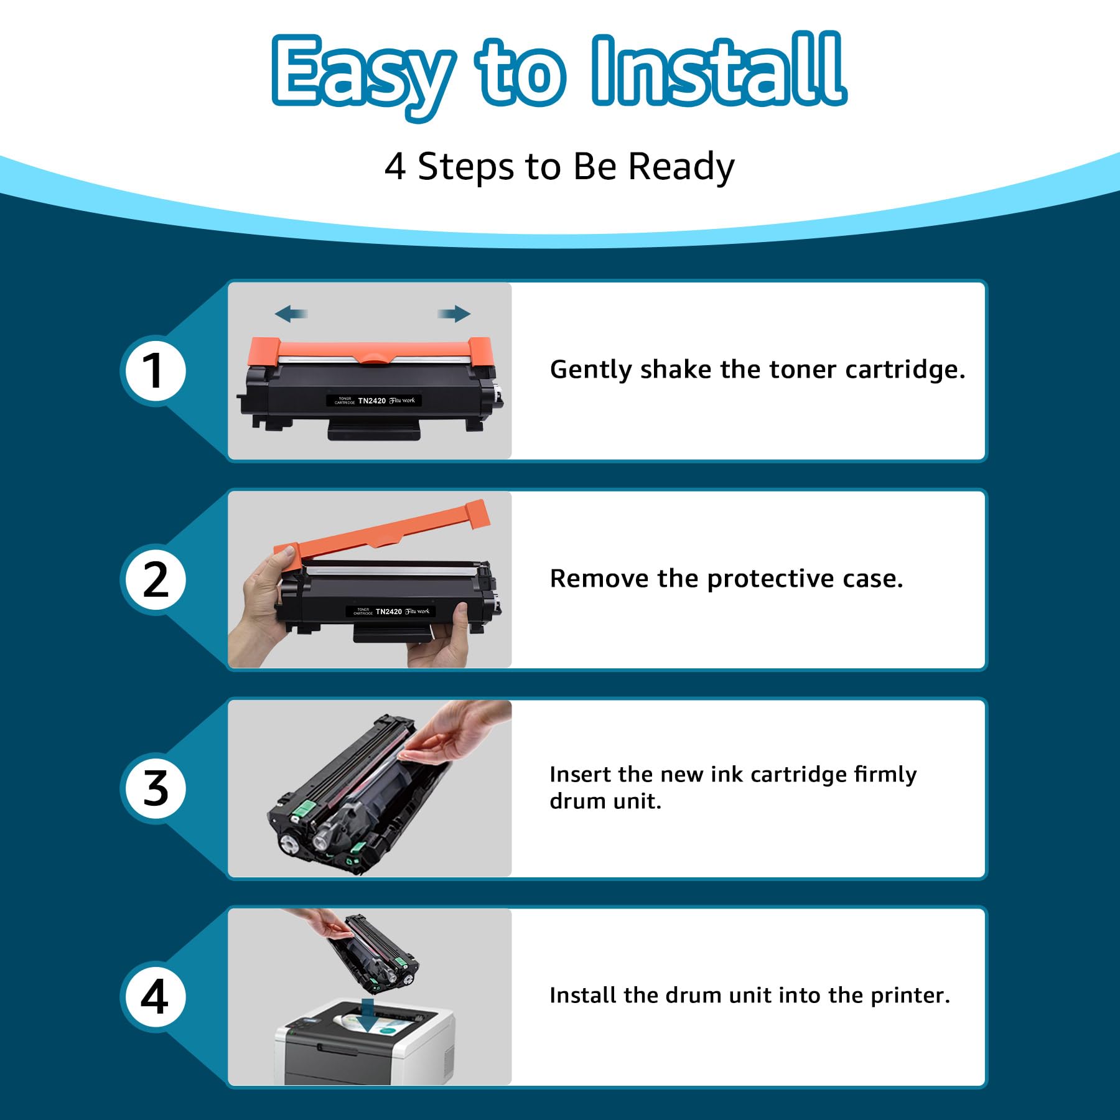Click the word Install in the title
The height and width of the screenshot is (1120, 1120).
(719, 70)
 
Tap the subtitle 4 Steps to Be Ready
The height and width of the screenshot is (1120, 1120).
(559, 167)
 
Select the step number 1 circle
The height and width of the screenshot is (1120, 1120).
(153, 371)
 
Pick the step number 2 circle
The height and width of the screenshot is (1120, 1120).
(153, 580)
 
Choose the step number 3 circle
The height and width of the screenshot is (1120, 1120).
(153, 788)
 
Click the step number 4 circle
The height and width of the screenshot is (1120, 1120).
(153, 997)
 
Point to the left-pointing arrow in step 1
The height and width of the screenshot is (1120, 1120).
(291, 314)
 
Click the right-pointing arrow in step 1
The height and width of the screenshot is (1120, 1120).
(454, 314)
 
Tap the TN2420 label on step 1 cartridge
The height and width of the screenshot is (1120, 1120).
(372, 401)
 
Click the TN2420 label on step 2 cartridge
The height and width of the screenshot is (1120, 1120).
(389, 612)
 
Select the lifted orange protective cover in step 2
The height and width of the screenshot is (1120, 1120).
(381, 530)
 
